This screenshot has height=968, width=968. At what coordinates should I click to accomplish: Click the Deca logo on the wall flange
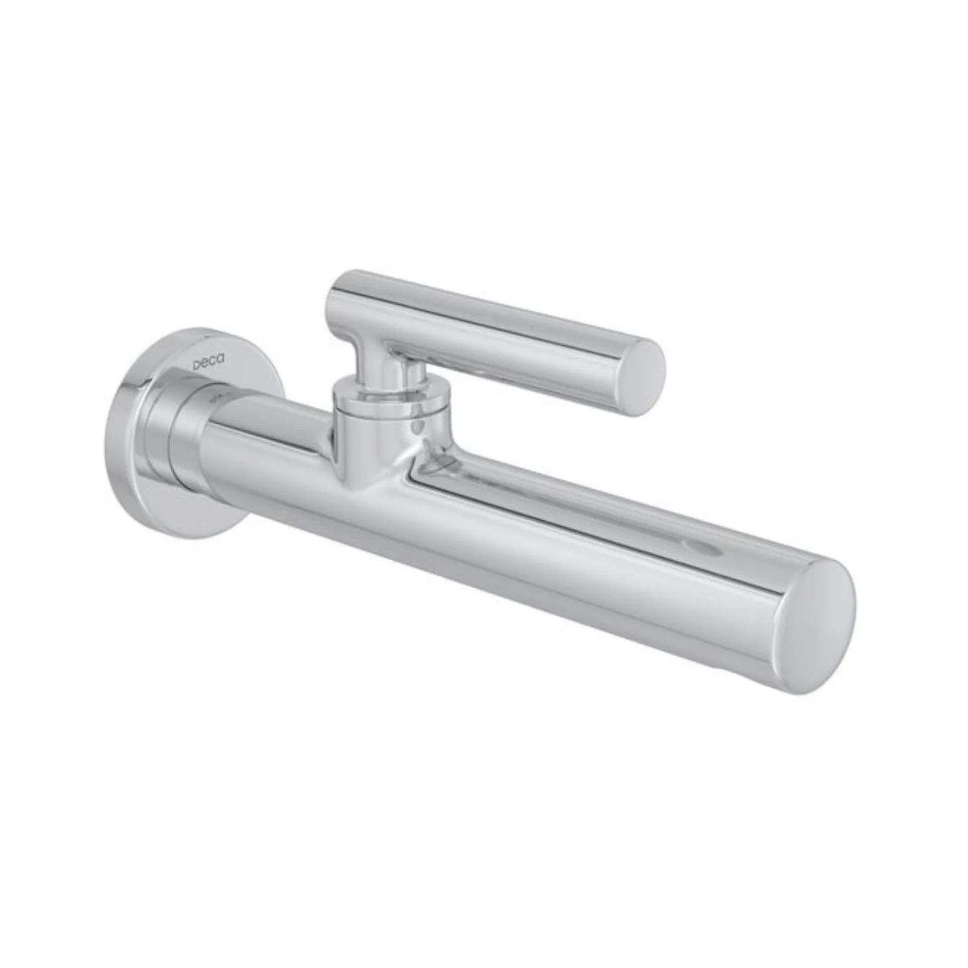(x=208, y=361)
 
